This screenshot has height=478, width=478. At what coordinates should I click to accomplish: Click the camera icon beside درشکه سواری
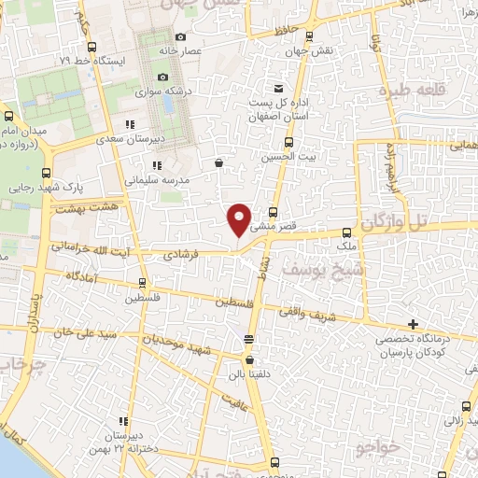(x=162, y=77)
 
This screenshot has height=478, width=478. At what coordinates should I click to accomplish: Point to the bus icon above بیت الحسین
(x=288, y=144)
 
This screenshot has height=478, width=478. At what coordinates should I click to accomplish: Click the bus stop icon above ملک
(x=346, y=232)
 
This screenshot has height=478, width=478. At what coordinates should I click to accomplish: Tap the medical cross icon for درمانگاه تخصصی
(x=413, y=323)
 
